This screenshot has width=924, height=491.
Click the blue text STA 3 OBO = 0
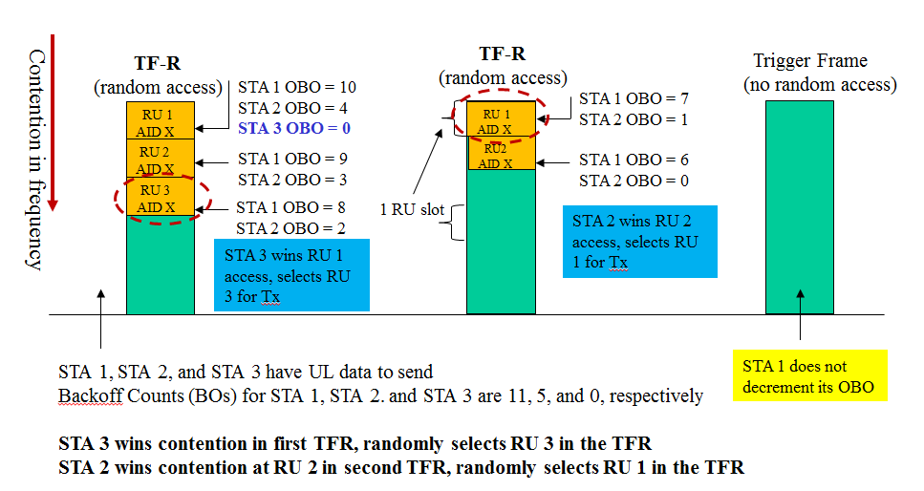pos(284,128)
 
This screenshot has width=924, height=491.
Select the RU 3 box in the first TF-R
pos(160,198)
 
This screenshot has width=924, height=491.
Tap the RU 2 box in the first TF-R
pos(160,159)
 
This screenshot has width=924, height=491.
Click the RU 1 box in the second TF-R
pos(495,120)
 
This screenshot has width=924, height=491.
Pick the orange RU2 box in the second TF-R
pos(495,155)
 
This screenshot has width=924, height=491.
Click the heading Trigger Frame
pos(809,61)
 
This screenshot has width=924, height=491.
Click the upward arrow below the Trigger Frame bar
pos(801,328)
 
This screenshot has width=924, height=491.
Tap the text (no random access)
pos(820,84)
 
